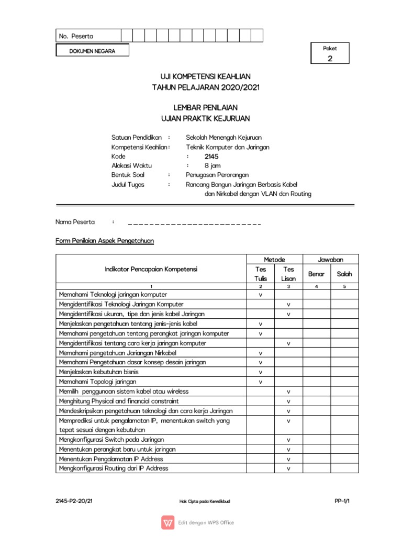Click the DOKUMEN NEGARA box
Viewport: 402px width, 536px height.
[x=92, y=51]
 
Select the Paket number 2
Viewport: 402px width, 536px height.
[x=330, y=59]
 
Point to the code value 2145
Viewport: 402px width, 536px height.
[x=211, y=156]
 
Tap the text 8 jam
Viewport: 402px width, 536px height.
[x=213, y=165]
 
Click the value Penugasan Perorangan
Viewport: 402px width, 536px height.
[x=217, y=175]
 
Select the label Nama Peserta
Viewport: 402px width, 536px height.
[x=76, y=222]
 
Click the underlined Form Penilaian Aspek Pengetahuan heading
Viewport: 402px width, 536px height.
[x=105, y=241]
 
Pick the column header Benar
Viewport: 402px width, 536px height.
[x=316, y=274]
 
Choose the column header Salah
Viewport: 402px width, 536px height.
[x=344, y=274]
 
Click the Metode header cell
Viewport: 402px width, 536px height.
[x=274, y=260]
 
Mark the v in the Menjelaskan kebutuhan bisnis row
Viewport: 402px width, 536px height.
[x=260, y=372]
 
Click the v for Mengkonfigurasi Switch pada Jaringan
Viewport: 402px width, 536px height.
[x=288, y=440]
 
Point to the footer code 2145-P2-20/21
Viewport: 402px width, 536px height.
[x=74, y=501]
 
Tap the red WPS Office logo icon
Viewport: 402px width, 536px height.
[x=169, y=522]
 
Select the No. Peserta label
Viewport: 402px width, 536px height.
[x=76, y=36]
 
